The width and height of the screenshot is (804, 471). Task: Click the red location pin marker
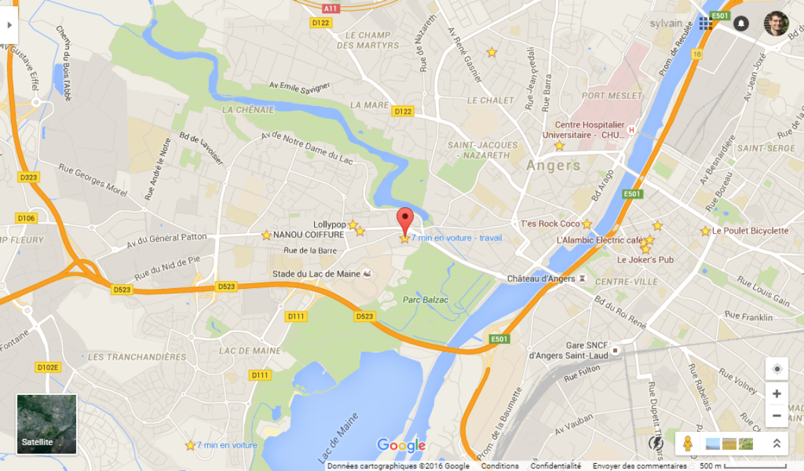coord(405,219)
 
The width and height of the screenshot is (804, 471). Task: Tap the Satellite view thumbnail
coord(47,424)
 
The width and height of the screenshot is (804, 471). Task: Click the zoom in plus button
coord(777,394)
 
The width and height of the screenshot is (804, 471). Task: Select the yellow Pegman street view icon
coord(687,443)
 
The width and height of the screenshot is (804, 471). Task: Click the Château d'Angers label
coord(541,279)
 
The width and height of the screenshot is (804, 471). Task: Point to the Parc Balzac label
coord(425,300)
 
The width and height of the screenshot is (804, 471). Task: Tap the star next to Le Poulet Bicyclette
coord(706,231)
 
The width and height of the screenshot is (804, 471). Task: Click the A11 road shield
coord(331,8)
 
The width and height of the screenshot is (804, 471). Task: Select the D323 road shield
coord(29,177)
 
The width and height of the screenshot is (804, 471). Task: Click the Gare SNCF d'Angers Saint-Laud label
coord(568,350)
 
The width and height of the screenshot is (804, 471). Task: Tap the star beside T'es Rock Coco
coord(587,224)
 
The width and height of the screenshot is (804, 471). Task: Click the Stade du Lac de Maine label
coord(316,274)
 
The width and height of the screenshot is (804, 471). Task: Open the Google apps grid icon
coord(706,24)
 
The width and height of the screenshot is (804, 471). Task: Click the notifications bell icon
coord(741,24)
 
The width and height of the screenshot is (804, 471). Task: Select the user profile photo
coord(776,24)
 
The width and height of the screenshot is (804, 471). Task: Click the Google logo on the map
coord(401,445)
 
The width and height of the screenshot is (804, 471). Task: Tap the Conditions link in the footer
coord(500,466)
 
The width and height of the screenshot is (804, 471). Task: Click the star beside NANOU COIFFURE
coord(267,235)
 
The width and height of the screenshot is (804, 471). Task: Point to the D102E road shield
coord(48,367)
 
